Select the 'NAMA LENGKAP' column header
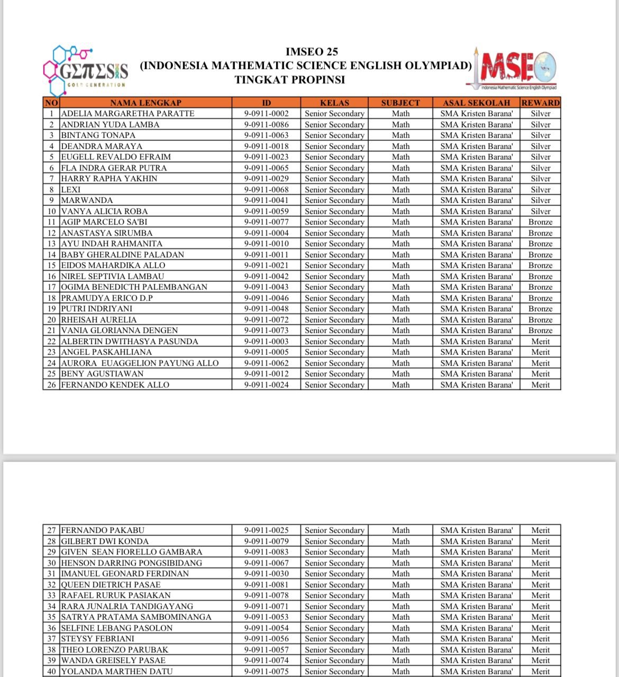[x=145, y=103]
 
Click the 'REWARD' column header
[x=540, y=103]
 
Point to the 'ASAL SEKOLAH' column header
[x=476, y=103]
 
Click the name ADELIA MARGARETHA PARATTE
[x=128, y=114]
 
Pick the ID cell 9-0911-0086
[x=266, y=125]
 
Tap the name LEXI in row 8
[x=71, y=189]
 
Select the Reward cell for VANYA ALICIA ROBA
[x=540, y=211]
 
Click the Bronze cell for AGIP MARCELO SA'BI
[x=540, y=222]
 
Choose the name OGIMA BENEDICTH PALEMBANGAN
[x=134, y=287]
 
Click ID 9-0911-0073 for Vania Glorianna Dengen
[x=266, y=331]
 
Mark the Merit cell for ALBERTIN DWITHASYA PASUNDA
[x=540, y=342]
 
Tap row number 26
[x=51, y=385]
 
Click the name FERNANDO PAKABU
[x=103, y=530]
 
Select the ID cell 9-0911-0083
[x=266, y=552]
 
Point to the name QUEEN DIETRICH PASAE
[x=111, y=585]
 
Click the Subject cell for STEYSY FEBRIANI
[x=400, y=639]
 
